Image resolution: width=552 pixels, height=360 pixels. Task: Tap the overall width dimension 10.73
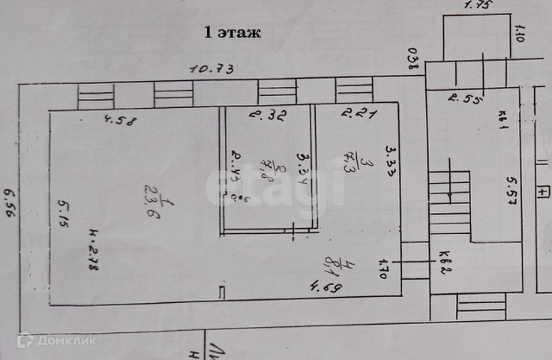point(212,69)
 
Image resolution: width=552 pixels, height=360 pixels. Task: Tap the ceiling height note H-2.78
point(92,251)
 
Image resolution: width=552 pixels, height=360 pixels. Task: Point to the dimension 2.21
point(358,114)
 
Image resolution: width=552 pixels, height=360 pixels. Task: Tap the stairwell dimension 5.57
point(512,194)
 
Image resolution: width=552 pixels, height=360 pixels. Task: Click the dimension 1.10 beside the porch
point(518,32)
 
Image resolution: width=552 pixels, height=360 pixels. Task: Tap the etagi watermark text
point(274,185)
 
